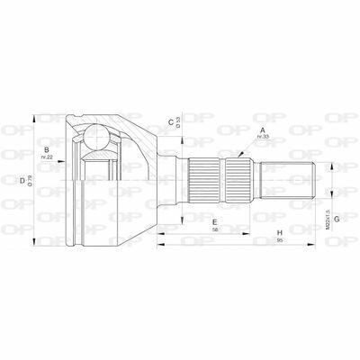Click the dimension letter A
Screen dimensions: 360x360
click(x=262, y=130)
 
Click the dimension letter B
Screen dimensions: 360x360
click(x=46, y=149)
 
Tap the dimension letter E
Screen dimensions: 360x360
click(x=215, y=220)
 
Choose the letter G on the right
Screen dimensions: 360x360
click(x=335, y=218)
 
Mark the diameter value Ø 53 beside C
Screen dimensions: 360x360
click(x=180, y=122)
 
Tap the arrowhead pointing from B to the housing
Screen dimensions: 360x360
click(x=68, y=152)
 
